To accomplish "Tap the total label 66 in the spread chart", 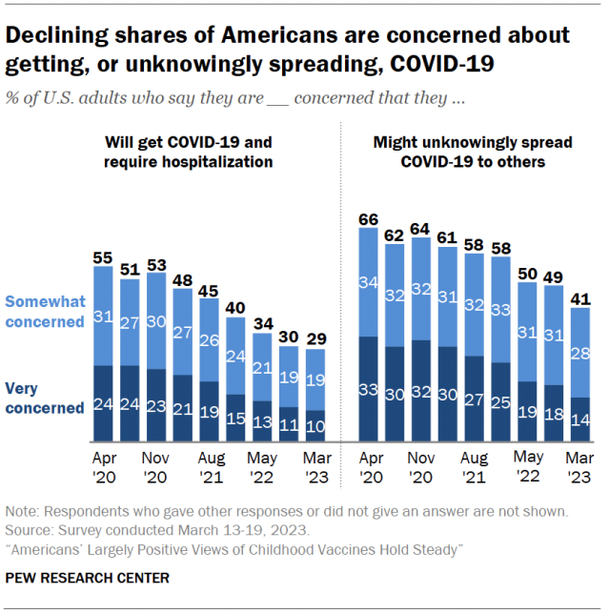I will coord(369,219).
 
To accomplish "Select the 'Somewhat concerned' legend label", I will coord(46,311).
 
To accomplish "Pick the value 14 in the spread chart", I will coord(580,420).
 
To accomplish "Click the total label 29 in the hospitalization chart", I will coord(315,339).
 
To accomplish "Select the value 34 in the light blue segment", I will coord(369,282).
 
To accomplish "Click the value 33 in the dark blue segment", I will coord(369,389).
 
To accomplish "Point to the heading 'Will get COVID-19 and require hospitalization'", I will coord(188,152).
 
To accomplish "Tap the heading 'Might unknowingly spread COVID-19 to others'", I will coord(473,152).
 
